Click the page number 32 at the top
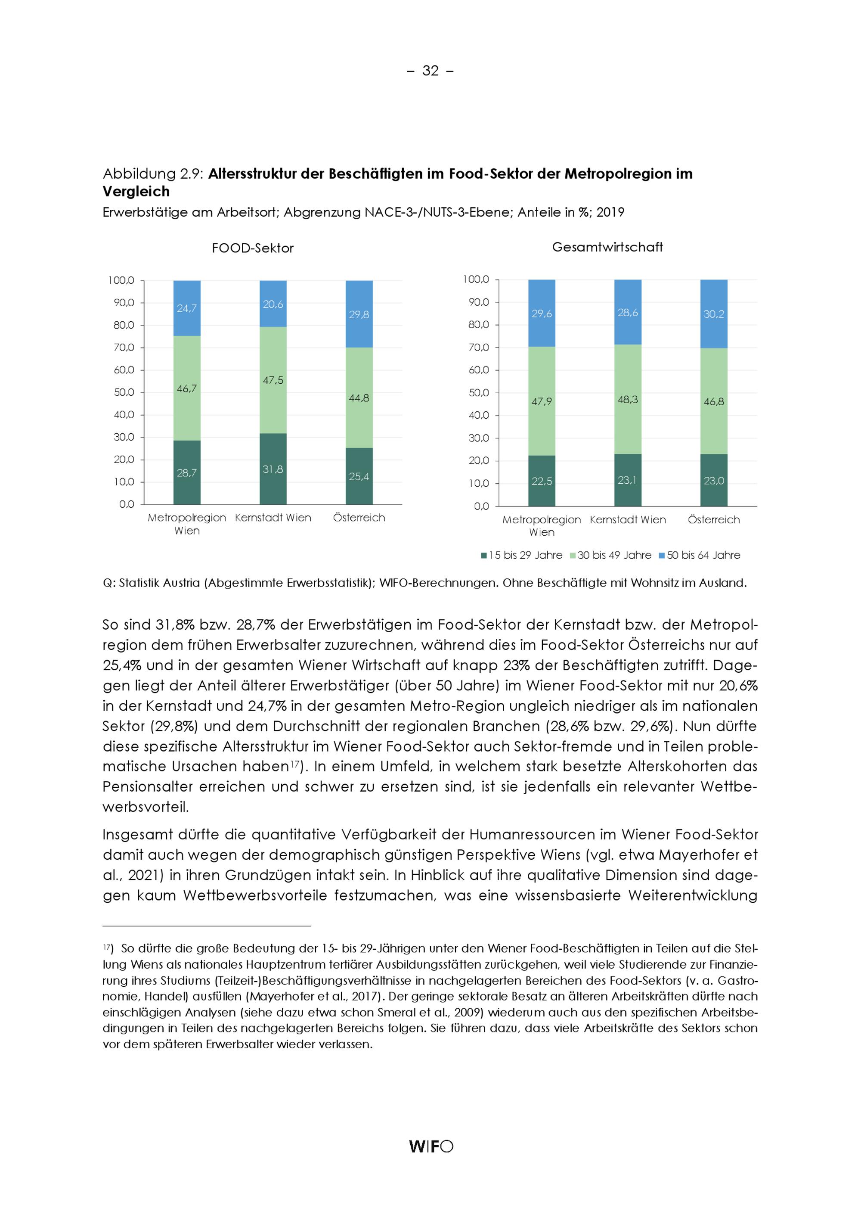pyautogui.click(x=430, y=71)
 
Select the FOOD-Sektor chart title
pyautogui.click(x=252, y=248)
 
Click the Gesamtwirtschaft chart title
pyautogui.click(x=607, y=247)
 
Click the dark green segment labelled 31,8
pyautogui.click(x=273, y=469)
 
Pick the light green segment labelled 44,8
pyautogui.click(x=359, y=398)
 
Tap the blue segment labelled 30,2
pyautogui.click(x=714, y=314)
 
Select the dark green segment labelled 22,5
pyautogui.click(x=541, y=481)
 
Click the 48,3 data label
pyautogui.click(x=628, y=399)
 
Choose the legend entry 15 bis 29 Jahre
pyautogui.click(x=522, y=556)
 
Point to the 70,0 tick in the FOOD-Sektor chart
pyautogui.click(x=124, y=348)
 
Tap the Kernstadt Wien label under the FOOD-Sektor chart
pyautogui.click(x=273, y=518)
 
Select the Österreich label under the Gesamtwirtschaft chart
pyautogui.click(x=714, y=520)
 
